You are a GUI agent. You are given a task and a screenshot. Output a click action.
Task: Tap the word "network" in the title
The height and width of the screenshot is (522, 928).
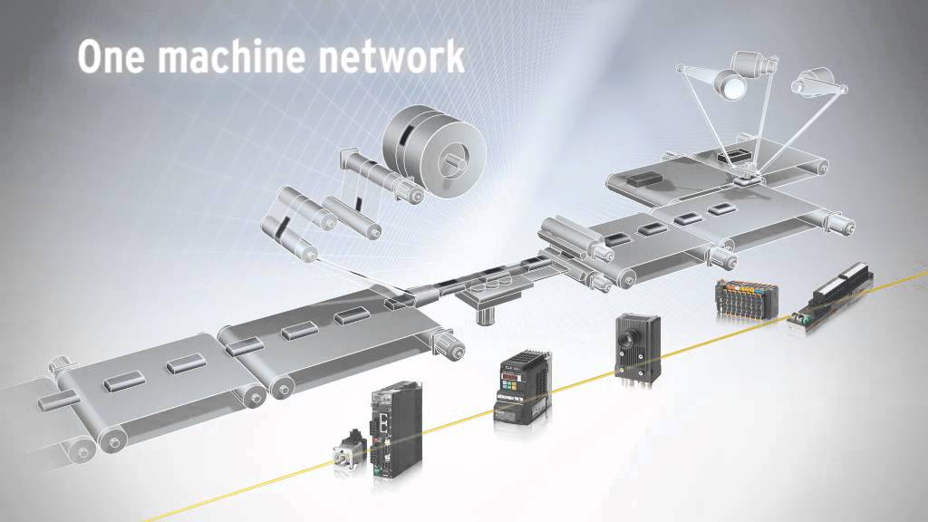coord(395,56)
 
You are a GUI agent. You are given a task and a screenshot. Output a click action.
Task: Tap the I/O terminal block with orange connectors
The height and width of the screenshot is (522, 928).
coord(746,296)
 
